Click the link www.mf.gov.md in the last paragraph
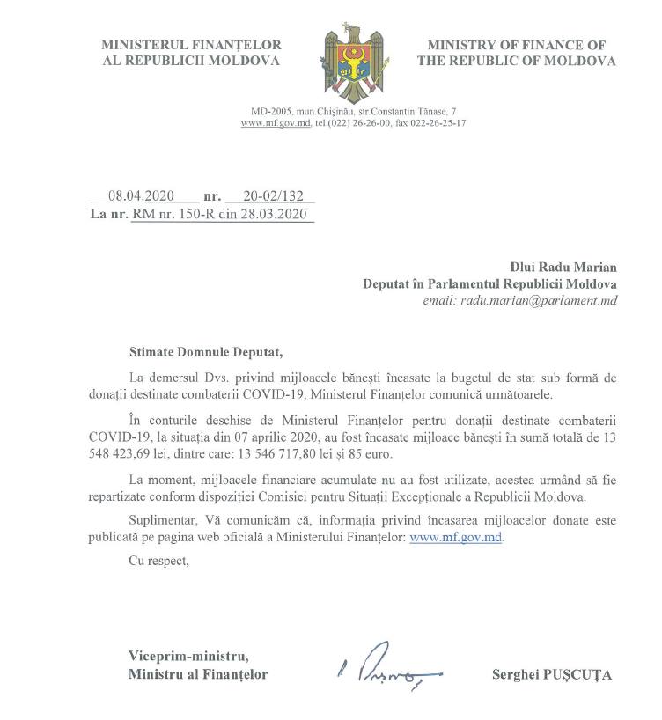[x=457, y=537]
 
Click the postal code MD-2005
[x=271, y=113]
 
